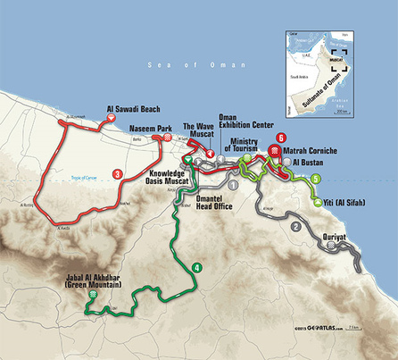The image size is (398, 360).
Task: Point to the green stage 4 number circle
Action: click(196, 267)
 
